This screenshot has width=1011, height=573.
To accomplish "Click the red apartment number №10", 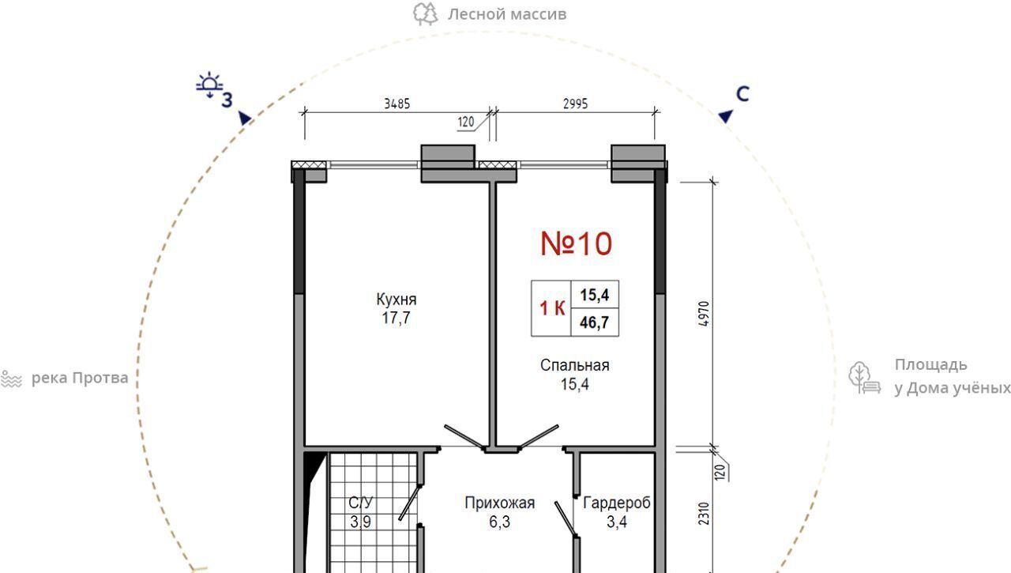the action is pyautogui.click(x=576, y=244).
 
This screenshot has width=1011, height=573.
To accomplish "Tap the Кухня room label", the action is pyautogui.click(x=397, y=300).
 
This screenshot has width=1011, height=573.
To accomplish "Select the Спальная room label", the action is pyautogui.click(x=574, y=365).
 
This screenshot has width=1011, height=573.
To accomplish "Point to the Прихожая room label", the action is pyautogui.click(x=500, y=503).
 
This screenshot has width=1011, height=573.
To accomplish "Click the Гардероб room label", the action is pyautogui.click(x=617, y=503).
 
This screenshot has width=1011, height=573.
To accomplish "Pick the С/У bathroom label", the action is pyautogui.click(x=361, y=503).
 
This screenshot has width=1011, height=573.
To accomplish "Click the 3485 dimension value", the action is pyautogui.click(x=397, y=104).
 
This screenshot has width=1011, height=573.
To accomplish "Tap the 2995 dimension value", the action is pyautogui.click(x=576, y=104).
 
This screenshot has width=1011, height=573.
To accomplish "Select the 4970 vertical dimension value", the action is pyautogui.click(x=704, y=314).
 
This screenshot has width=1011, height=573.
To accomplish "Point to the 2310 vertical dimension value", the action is pyautogui.click(x=704, y=514).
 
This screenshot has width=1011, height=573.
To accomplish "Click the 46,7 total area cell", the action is pyautogui.click(x=595, y=322).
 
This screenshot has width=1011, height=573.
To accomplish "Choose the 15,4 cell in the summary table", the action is pyautogui.click(x=595, y=295).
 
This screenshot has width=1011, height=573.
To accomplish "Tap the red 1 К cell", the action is pyautogui.click(x=551, y=308).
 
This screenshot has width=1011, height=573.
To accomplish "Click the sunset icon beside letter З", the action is pyautogui.click(x=209, y=84).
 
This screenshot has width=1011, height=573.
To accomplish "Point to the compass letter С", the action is pyautogui.click(x=742, y=94).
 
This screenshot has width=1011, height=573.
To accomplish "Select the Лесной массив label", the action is pyautogui.click(x=507, y=14).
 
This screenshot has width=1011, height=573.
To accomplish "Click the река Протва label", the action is pyautogui.click(x=80, y=378).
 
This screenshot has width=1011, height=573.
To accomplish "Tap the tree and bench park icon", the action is pyautogui.click(x=864, y=378).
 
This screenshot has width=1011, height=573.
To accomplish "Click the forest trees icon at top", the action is pyautogui.click(x=425, y=14).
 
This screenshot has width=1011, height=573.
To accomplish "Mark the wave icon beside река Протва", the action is pyautogui.click(x=11, y=379).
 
